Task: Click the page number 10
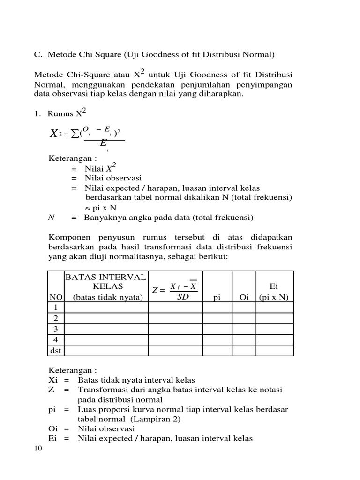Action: coord(38,449)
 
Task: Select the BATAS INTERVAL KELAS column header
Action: coord(106,286)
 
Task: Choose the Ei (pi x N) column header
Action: coord(274,292)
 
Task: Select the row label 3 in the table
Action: coord(56,329)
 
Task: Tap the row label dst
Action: coord(56,351)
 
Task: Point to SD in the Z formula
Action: coord(183,297)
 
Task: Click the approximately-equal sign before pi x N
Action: coord(82,208)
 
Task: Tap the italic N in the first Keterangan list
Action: coord(51,217)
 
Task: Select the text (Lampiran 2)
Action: coord(156,419)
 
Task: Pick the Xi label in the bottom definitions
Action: coord(53,380)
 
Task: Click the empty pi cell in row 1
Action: coord(216,307)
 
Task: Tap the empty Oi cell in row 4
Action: coord(244,340)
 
